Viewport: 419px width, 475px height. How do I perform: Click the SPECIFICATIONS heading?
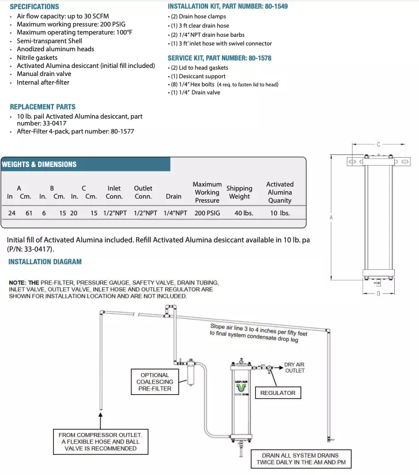coord(35,6)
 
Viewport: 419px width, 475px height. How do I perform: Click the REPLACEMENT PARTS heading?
coord(43,107)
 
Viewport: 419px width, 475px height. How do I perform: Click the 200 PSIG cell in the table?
coord(206,213)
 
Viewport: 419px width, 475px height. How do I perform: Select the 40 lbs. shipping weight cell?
coord(239,213)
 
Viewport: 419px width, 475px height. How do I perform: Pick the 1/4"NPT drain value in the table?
coord(173,213)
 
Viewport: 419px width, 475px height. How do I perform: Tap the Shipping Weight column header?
coord(239,192)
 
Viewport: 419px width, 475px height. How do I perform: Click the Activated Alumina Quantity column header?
coord(280,192)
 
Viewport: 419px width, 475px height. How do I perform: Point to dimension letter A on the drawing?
coord(331,218)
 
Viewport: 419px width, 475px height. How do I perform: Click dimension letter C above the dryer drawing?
coord(378,145)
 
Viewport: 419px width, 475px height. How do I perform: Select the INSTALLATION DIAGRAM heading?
coord(45,262)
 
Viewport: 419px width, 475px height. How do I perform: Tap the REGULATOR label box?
coord(278,393)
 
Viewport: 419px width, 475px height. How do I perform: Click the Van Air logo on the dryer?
coord(241,383)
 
